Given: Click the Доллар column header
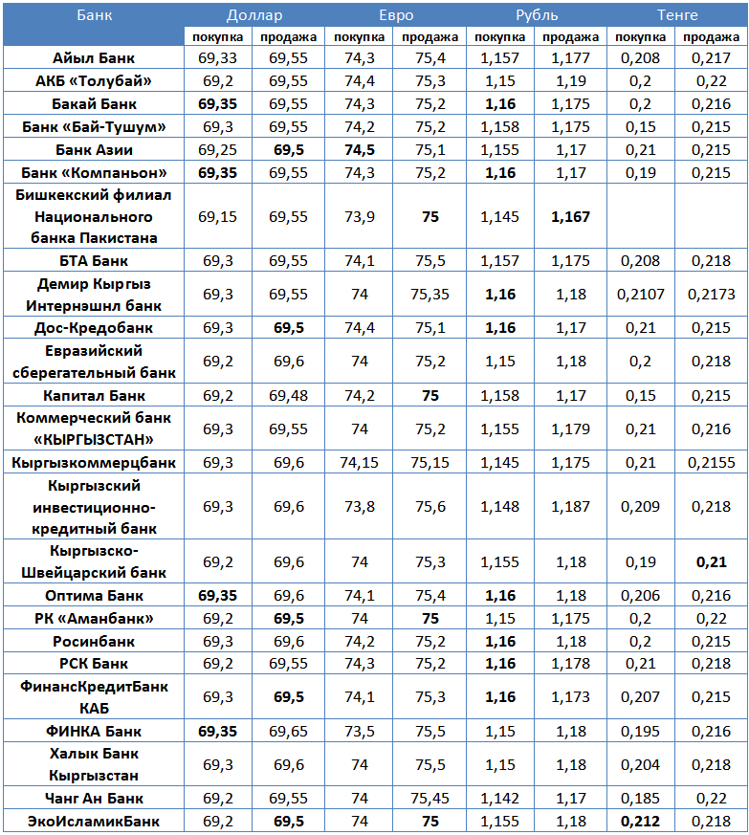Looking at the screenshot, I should tap(254, 15).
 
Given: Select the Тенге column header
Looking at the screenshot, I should tap(677, 15).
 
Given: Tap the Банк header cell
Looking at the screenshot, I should tap(94, 15).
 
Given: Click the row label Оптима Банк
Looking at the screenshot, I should tap(94, 595).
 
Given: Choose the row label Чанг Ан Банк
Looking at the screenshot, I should tap(94, 798).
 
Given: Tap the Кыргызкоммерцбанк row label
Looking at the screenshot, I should tap(94, 462).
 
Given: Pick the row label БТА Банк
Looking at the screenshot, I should tap(94, 260).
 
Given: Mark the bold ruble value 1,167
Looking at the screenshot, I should tap(570, 217).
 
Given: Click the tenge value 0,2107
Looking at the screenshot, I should tap(640, 295).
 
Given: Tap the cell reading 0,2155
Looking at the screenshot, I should tap(711, 462).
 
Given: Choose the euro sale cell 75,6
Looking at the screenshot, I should tap(430, 506).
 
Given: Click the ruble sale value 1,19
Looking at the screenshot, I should tap(570, 80).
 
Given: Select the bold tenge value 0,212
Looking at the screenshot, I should tap(640, 821).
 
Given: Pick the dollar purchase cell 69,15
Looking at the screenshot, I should tap(218, 217).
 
